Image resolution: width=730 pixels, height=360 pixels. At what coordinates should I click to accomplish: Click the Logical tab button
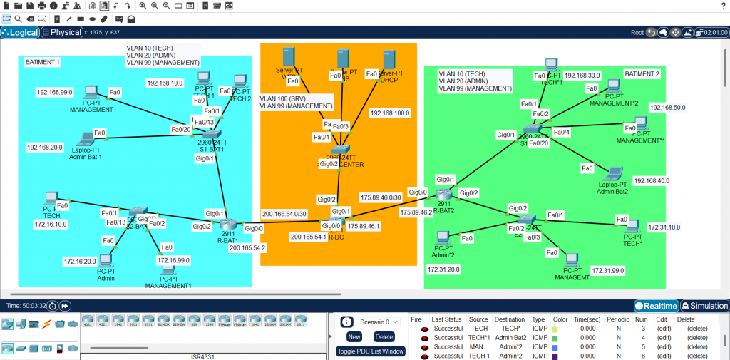20,32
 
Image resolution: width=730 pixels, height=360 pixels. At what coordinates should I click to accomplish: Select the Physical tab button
62,32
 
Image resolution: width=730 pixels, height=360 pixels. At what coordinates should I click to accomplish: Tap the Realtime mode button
656,305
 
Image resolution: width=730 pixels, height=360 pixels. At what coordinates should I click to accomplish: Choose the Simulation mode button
704,305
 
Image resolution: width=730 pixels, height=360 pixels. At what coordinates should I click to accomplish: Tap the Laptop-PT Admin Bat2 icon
611,174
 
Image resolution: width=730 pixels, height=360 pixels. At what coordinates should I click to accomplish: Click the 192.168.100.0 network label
389,113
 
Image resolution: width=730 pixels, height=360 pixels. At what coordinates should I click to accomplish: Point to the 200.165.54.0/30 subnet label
284,213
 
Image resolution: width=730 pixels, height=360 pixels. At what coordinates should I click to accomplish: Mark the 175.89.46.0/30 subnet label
381,197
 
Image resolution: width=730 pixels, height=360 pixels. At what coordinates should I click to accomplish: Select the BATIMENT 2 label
642,74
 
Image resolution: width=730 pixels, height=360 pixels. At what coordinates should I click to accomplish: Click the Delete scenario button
384,336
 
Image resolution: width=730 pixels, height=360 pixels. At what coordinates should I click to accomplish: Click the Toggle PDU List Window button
370,351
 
